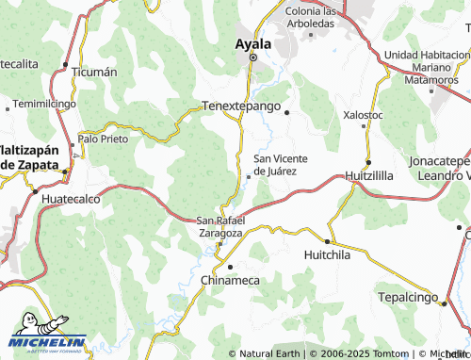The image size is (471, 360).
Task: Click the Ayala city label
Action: (x=252, y=43)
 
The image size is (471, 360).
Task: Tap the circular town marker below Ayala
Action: (x=252, y=59)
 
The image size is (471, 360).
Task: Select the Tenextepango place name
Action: (x=242, y=106)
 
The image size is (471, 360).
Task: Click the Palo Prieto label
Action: (x=103, y=138)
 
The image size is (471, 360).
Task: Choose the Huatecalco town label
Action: (x=70, y=199)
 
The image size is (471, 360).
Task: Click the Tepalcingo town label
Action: (x=409, y=298)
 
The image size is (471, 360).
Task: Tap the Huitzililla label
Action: (x=368, y=176)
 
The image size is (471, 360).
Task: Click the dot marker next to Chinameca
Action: (x=230, y=268)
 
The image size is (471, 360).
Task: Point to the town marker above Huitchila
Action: (x=328, y=241)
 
